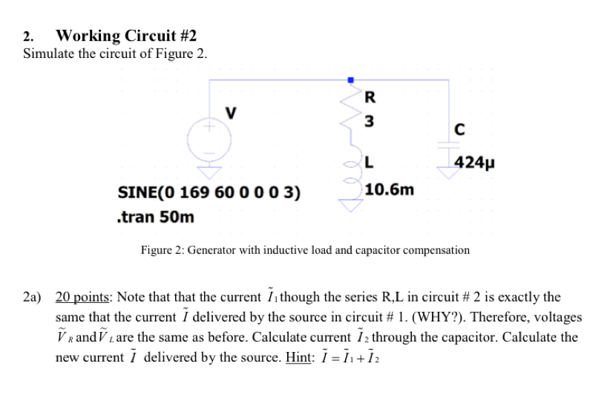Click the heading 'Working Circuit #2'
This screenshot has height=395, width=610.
click(x=126, y=36)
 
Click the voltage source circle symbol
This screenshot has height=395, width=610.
click(x=210, y=138)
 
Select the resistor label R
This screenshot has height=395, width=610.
click(x=371, y=96)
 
